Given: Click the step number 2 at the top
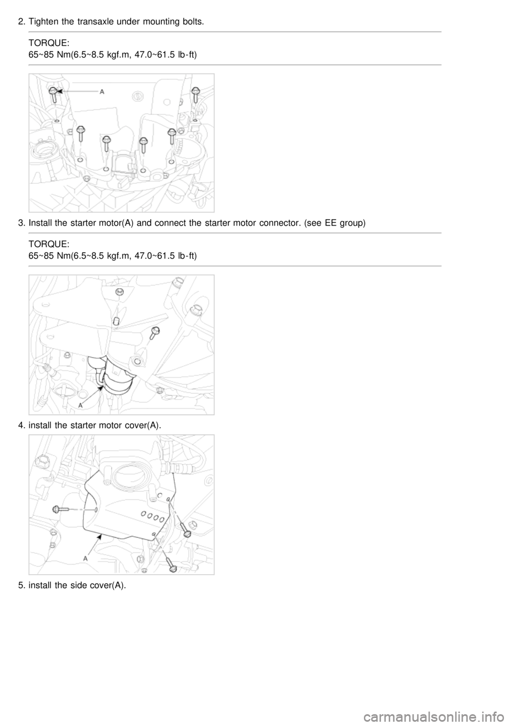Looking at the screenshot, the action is [21, 22].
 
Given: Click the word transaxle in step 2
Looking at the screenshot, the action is [92, 22].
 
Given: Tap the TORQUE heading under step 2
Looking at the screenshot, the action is [49, 43].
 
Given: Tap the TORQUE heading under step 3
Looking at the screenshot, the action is [49, 244].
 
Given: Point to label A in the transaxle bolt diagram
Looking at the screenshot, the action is [102, 92].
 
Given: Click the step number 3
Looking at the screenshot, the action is [21, 223].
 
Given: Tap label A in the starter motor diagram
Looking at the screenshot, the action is [81, 405].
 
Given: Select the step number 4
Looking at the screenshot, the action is [21, 426].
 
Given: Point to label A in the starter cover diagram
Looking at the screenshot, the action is [85, 559].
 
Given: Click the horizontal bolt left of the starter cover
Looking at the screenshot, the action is [60, 509].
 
